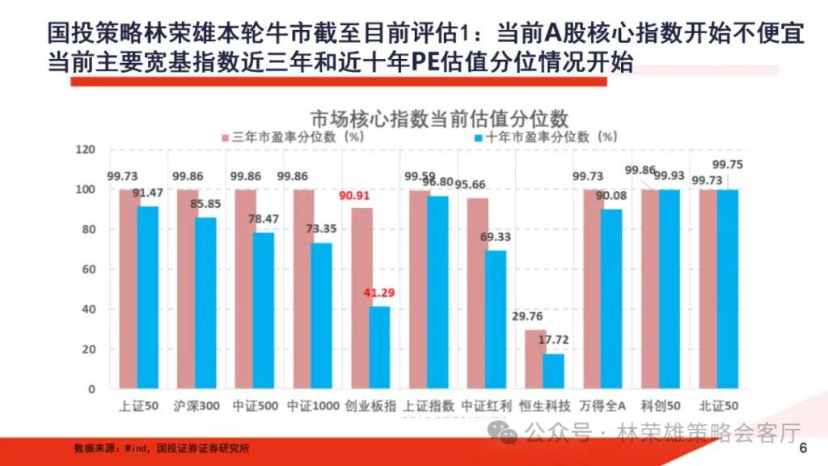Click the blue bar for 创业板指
click(x=380, y=348)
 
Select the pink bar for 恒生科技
click(x=534, y=359)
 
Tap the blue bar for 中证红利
click(x=496, y=320)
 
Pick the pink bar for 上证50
click(x=129, y=290)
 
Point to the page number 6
click(x=803, y=449)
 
